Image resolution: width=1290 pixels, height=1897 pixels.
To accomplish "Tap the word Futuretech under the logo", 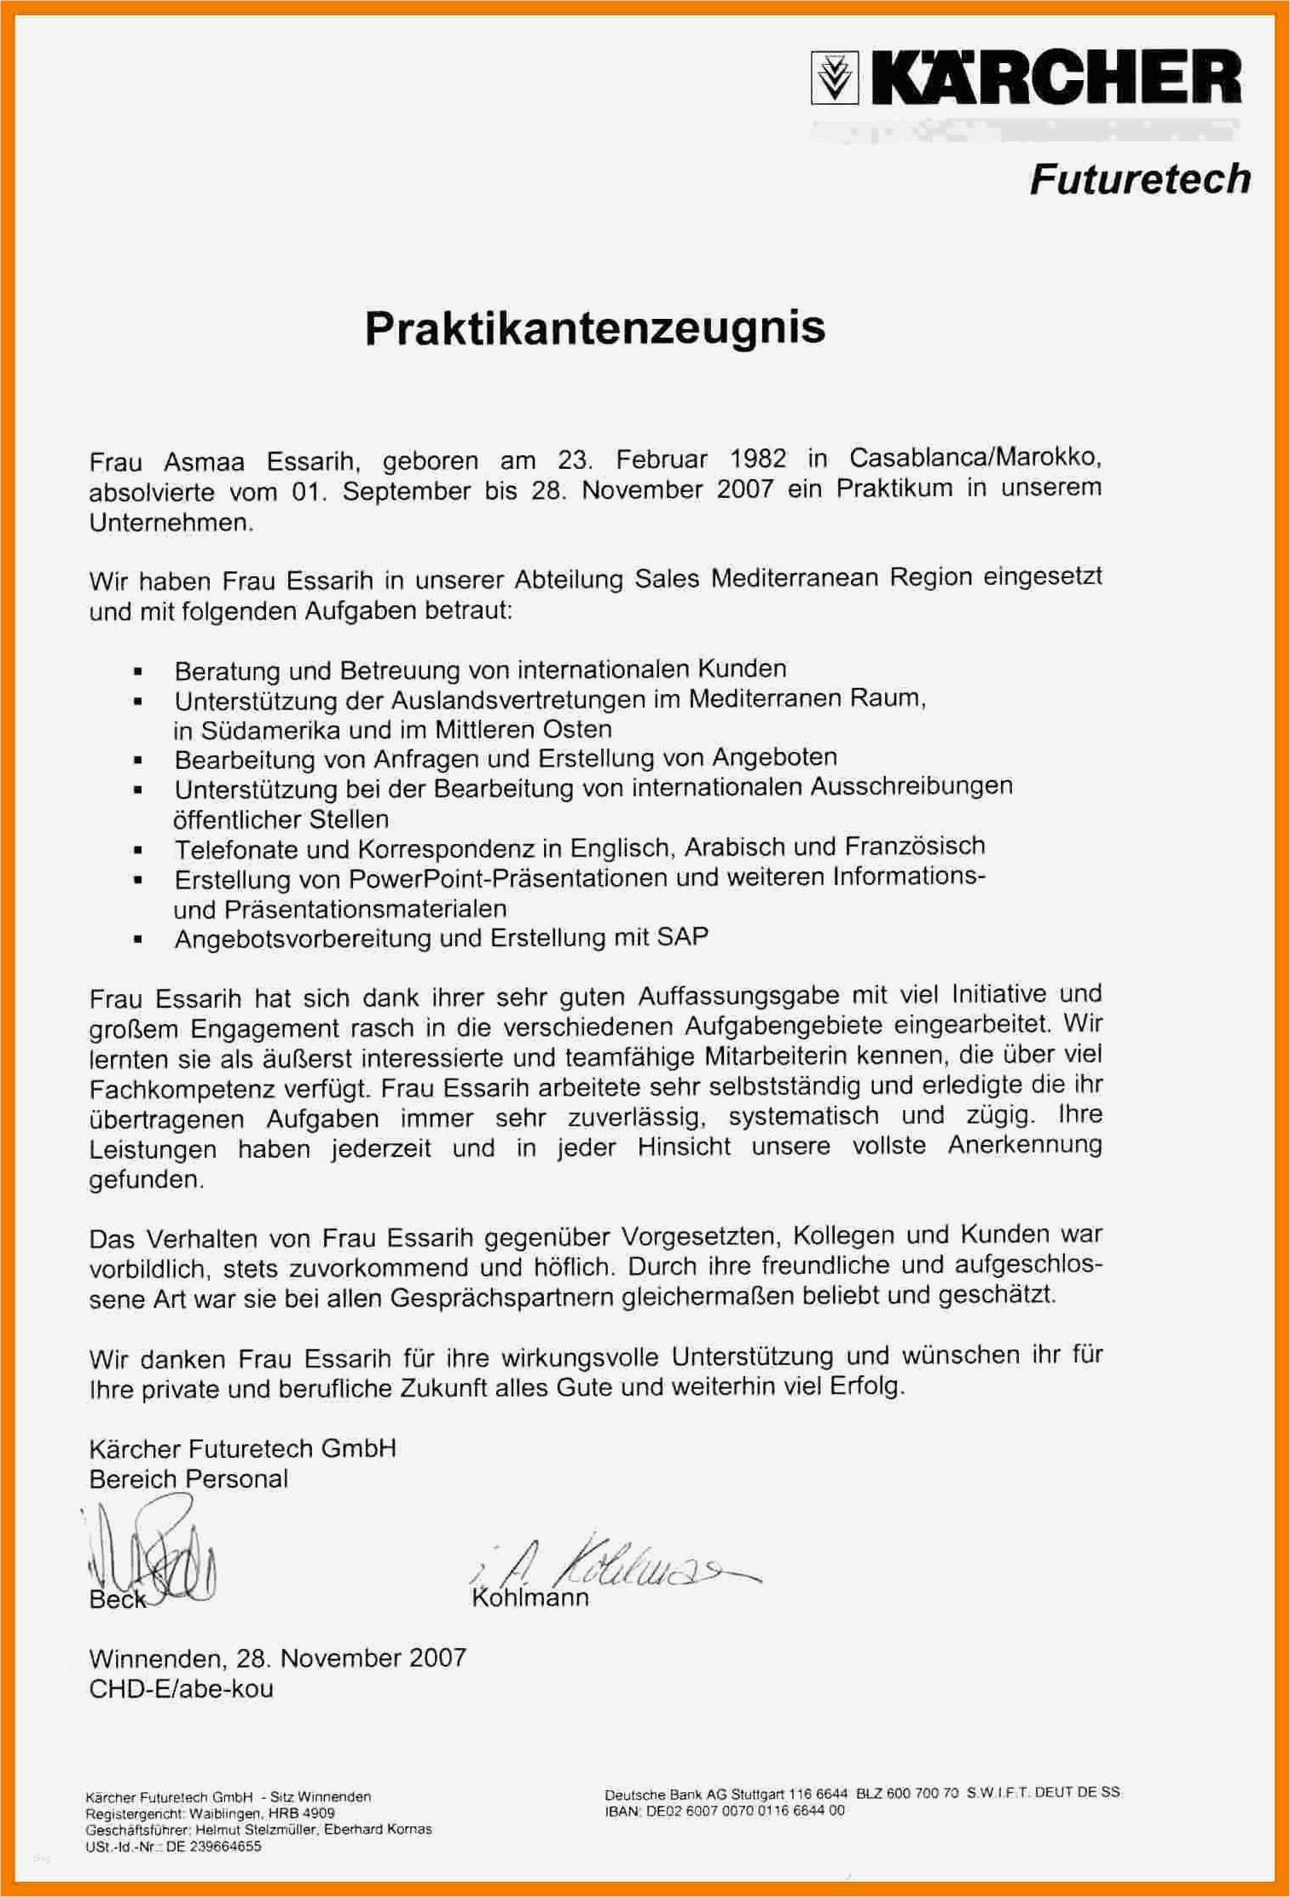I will pos(1139,179).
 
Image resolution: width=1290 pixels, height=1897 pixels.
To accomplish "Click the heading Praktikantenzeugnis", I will pos(595,327).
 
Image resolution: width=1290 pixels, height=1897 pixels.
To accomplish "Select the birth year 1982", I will pos(758,459).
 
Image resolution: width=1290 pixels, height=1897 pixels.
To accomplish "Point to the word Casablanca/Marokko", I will pos(975,458).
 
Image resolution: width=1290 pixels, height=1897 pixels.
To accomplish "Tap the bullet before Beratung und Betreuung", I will pos(137,672).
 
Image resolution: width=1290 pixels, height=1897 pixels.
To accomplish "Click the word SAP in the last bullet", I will pos(682,937).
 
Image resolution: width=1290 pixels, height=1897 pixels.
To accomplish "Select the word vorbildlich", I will pos(148,1269).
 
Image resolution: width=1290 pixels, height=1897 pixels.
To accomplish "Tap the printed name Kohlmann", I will pos(530,1597).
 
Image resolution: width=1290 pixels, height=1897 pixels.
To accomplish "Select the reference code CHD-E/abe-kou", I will pos(181,1688).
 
